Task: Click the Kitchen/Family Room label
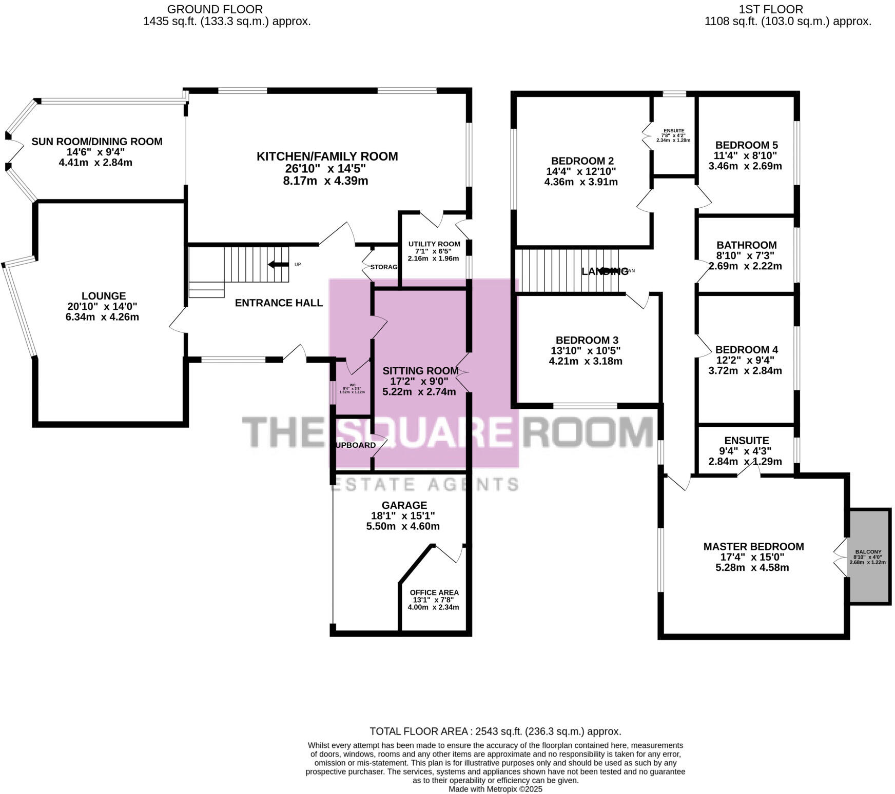(327, 156)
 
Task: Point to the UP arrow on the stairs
(279, 264)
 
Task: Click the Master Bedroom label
(753, 547)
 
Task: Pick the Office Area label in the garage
(434, 592)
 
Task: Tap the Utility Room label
(434, 244)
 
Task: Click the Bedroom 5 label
(746, 145)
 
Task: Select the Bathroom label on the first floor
(746, 245)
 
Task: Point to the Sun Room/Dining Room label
(97, 142)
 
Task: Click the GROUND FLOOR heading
(215, 9)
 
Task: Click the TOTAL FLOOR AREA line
(495, 731)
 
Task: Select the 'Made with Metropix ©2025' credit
(495, 789)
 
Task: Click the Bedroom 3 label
(587, 340)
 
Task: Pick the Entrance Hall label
(279, 303)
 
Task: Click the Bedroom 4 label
(746, 350)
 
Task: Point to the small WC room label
(353, 385)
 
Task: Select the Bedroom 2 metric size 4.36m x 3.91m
(580, 182)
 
